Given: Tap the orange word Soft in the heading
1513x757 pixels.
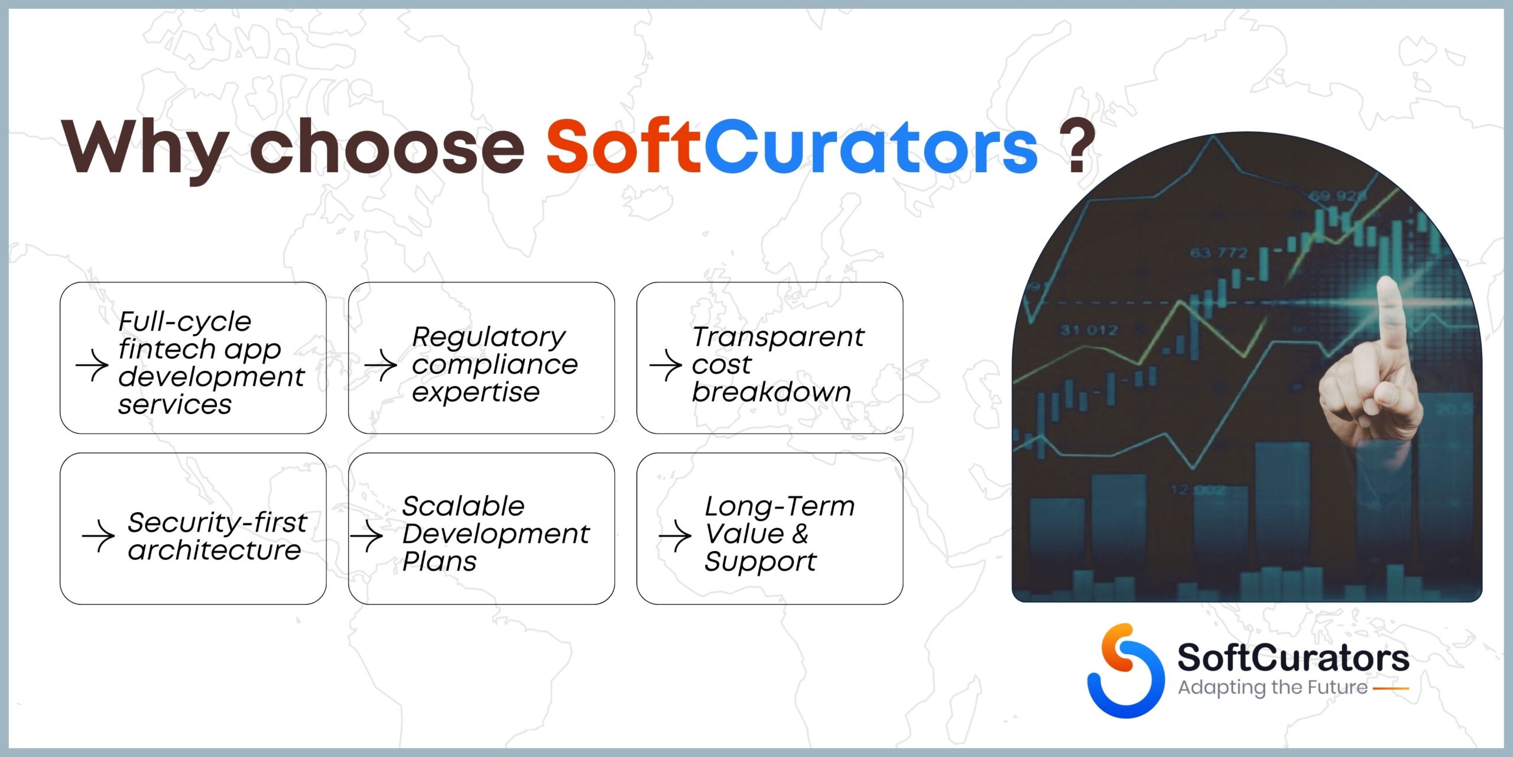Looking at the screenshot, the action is [624, 146].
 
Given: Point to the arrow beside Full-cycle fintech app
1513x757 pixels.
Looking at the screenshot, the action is [92, 365].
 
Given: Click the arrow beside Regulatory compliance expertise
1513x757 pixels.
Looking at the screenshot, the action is [381, 365].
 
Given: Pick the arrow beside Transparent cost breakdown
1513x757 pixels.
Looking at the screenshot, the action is [666, 365].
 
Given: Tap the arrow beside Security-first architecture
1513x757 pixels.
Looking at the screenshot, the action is [99, 536].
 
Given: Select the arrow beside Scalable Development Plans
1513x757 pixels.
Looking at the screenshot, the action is [367, 536].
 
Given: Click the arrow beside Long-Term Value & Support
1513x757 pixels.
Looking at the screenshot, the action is [675, 536].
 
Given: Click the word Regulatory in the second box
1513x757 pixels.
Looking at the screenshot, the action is [489, 338].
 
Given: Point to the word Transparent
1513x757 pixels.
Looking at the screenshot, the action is [778, 338].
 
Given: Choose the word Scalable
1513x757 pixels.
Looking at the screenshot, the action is [463, 506].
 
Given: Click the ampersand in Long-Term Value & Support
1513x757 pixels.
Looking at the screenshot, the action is [800, 533].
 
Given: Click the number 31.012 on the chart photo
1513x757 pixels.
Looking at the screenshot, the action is [1089, 330].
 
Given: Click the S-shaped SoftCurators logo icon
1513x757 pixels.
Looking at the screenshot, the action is [1125, 671].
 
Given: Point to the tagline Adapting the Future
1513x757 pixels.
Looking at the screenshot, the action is [1272, 688].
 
